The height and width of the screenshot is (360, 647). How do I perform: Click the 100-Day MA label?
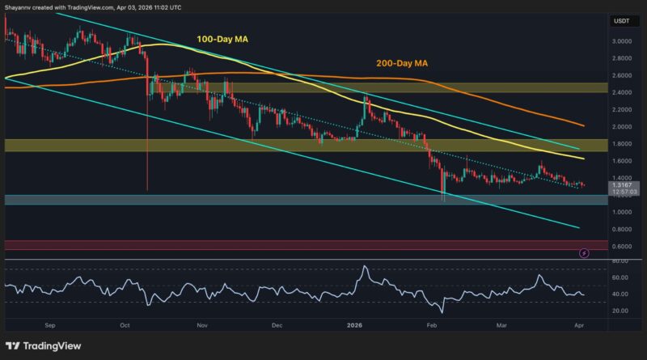[222, 37]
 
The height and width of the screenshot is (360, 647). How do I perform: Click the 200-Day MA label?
[401, 61]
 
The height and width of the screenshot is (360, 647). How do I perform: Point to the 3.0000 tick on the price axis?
[623, 41]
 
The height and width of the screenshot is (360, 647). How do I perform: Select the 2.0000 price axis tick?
[623, 127]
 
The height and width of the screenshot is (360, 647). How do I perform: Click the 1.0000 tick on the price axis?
[623, 213]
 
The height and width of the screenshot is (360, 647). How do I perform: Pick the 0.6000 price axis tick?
[623, 247]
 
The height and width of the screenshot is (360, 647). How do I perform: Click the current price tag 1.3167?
[623, 184]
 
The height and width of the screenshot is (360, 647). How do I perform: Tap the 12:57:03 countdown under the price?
[623, 193]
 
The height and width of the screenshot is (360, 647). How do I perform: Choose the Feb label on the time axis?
[433, 324]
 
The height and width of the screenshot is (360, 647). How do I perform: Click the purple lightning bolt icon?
[584, 253]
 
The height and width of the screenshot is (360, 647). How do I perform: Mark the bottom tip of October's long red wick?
[147, 190]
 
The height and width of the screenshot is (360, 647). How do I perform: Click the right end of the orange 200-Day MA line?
[585, 125]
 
